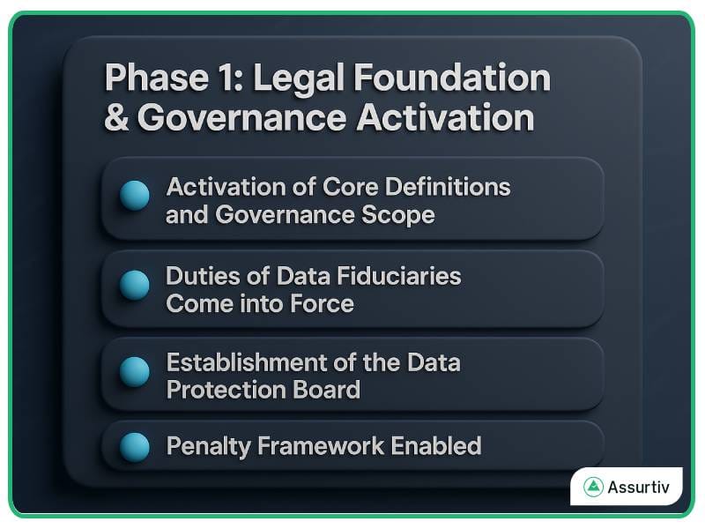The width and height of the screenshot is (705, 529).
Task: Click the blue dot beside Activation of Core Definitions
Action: (x=134, y=195)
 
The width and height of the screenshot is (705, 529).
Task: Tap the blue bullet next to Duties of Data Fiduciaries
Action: (x=134, y=284)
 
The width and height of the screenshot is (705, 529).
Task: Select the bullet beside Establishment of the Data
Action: (x=134, y=370)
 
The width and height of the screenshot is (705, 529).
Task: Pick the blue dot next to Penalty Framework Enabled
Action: (x=134, y=446)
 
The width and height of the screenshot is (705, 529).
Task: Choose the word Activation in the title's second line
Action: (x=445, y=118)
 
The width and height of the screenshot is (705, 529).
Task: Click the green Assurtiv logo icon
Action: (x=592, y=487)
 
